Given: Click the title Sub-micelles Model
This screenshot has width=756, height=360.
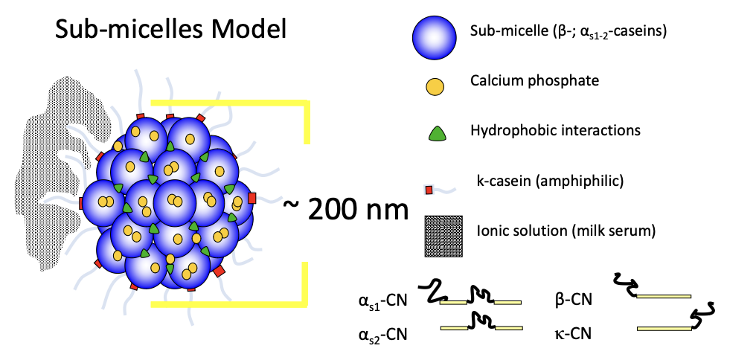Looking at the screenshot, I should tap(170, 30).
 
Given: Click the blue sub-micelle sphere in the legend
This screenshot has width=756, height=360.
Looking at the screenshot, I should tap(433, 36).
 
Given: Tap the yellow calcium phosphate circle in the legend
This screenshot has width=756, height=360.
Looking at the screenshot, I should tap(434, 86).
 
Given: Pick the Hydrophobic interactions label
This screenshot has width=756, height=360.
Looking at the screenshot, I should tap(555, 131).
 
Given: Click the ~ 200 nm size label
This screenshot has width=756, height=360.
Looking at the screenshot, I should tap(346, 210).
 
